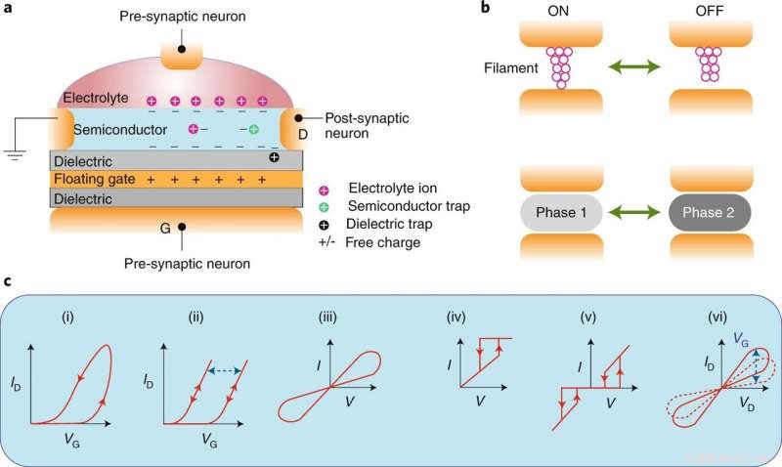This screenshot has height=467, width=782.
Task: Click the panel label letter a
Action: (x=9, y=11)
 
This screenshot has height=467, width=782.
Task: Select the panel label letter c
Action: (x=9, y=283)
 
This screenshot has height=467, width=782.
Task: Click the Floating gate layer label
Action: (x=94, y=181)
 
